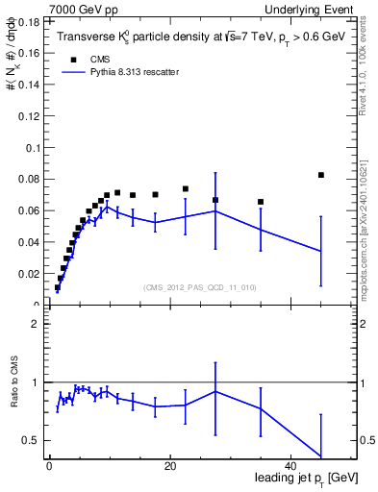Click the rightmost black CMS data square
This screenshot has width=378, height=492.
321,175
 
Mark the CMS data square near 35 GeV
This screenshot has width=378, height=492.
261,202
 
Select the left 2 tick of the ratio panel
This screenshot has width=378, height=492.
34,324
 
